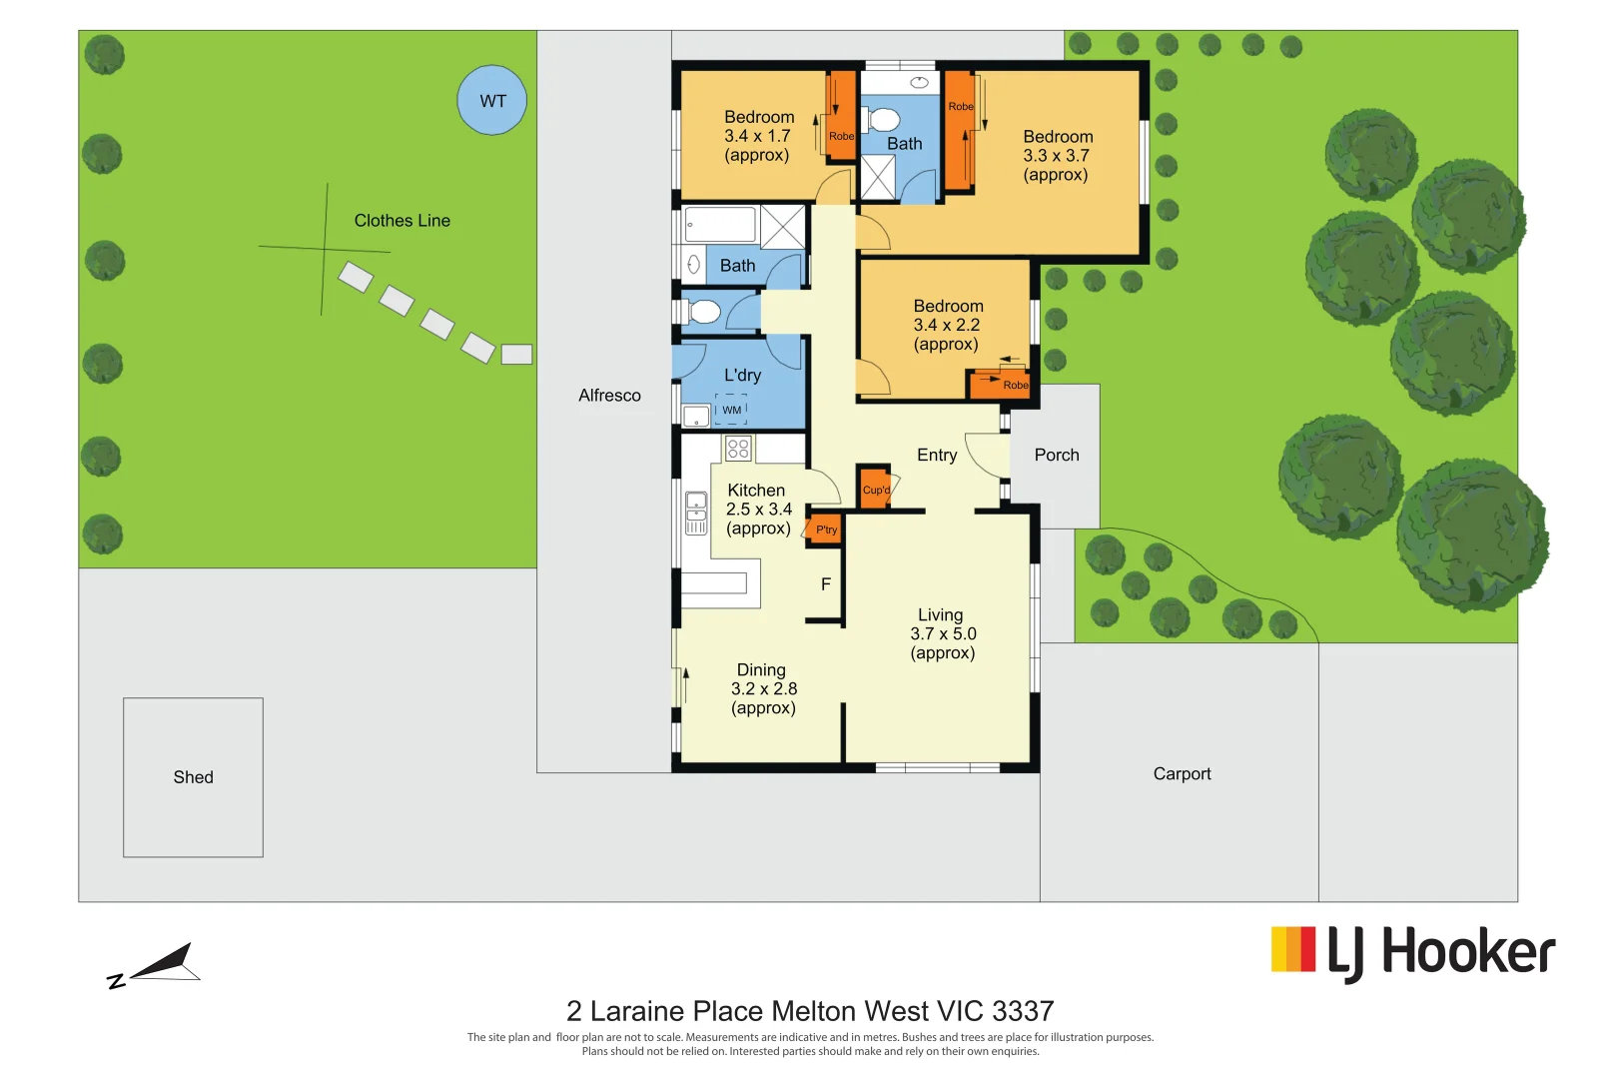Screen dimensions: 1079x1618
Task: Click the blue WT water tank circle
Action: click(491, 100)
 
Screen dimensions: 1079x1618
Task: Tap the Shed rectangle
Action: click(193, 777)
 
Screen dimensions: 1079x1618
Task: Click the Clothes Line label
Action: click(402, 221)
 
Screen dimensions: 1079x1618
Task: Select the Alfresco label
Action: click(609, 396)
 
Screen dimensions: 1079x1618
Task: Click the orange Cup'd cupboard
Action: click(875, 489)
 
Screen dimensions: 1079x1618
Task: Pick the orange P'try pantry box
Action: click(825, 529)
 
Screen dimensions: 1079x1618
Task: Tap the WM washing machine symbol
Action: click(732, 410)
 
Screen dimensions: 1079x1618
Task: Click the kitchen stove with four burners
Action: click(738, 449)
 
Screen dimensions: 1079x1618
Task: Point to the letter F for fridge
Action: click(826, 584)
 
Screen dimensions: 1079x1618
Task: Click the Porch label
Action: click(1057, 456)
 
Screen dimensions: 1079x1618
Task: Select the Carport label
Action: click(1182, 774)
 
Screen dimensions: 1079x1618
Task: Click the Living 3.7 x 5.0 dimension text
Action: click(942, 634)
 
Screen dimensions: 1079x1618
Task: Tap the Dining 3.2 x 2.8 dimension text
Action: click(764, 689)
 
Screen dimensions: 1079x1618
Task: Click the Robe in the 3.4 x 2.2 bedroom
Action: click(1001, 385)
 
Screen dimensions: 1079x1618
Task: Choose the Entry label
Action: click(937, 456)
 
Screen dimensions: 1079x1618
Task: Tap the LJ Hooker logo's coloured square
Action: click(1292, 949)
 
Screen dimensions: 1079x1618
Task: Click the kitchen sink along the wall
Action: click(696, 514)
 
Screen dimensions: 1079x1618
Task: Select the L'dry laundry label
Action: click(742, 376)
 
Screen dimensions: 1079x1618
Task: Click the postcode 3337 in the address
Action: click(1023, 1012)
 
